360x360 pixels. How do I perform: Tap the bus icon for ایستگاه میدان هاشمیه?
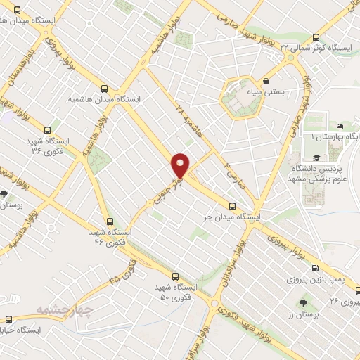pyautogui.click(x=105, y=89)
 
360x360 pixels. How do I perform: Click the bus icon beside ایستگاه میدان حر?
pyautogui.click(x=232, y=205)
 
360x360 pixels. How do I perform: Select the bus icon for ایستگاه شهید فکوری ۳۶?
pyautogui.click(x=47, y=130)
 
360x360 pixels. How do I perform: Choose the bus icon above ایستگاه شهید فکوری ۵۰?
pyautogui.click(x=175, y=277)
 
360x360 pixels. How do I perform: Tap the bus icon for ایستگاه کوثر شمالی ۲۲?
pyautogui.click(x=316, y=38)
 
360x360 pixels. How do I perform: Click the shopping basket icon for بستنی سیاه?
pyautogui.click(x=266, y=82)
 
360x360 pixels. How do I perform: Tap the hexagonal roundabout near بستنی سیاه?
pyautogui.click(x=239, y=99)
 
